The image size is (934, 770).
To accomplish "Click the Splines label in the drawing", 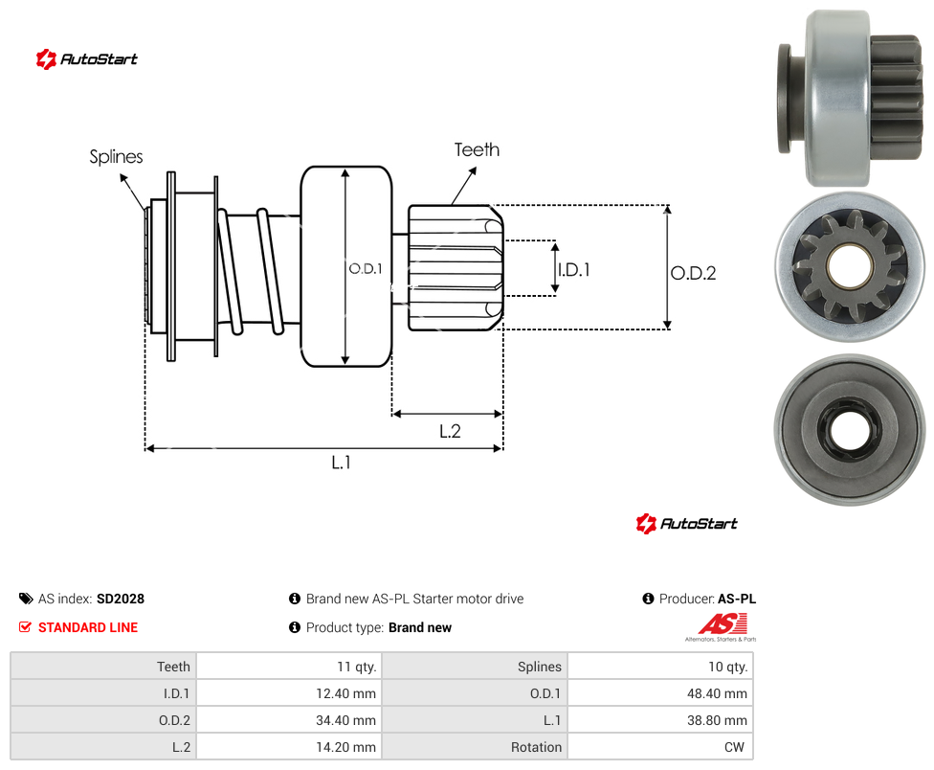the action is point(116,157).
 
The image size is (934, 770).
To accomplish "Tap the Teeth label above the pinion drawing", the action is point(477,149).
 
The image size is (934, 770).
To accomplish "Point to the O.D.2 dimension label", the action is point(694,273).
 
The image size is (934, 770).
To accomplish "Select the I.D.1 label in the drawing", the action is point(574,270).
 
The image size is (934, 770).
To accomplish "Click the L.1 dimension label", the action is point(342,463).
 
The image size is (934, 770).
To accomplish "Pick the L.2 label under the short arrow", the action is point(451,431).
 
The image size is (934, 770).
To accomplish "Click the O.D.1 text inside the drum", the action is point(366,269).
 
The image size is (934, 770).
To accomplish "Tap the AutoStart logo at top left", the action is point(86,59).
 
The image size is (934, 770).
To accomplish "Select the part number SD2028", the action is point(121,599).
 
